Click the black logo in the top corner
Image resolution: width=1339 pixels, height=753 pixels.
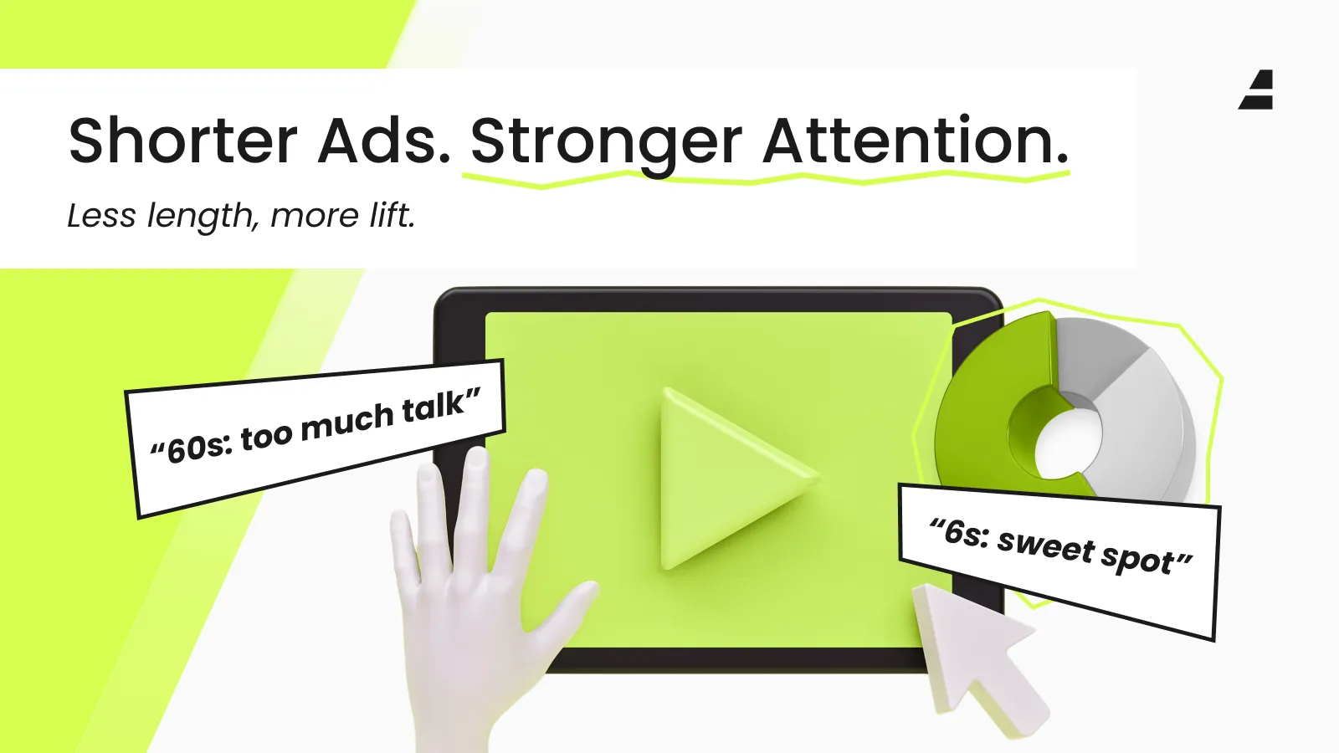(x=1256, y=90)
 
